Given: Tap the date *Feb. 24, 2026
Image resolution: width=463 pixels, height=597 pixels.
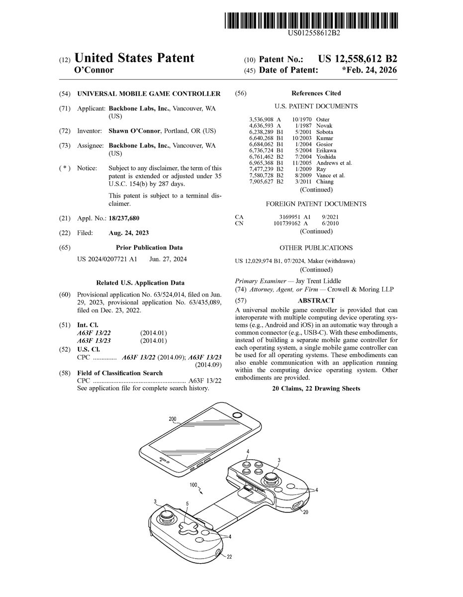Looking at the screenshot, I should pyautogui.click(x=370, y=70).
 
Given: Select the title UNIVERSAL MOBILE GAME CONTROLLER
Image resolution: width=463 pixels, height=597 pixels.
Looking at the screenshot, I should pyautogui.click(x=149, y=94).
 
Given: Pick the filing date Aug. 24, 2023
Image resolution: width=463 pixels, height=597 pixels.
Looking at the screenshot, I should pyautogui.click(x=128, y=233).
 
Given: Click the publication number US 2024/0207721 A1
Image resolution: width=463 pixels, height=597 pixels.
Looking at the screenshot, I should pyautogui.click(x=107, y=259).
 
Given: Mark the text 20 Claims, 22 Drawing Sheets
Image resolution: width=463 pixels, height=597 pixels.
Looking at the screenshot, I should pyautogui.click(x=316, y=389).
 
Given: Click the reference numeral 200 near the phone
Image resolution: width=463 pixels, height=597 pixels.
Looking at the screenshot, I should pyautogui.click(x=173, y=419).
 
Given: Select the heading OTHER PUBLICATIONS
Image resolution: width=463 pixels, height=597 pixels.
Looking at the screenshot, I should pyautogui.click(x=316, y=248).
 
